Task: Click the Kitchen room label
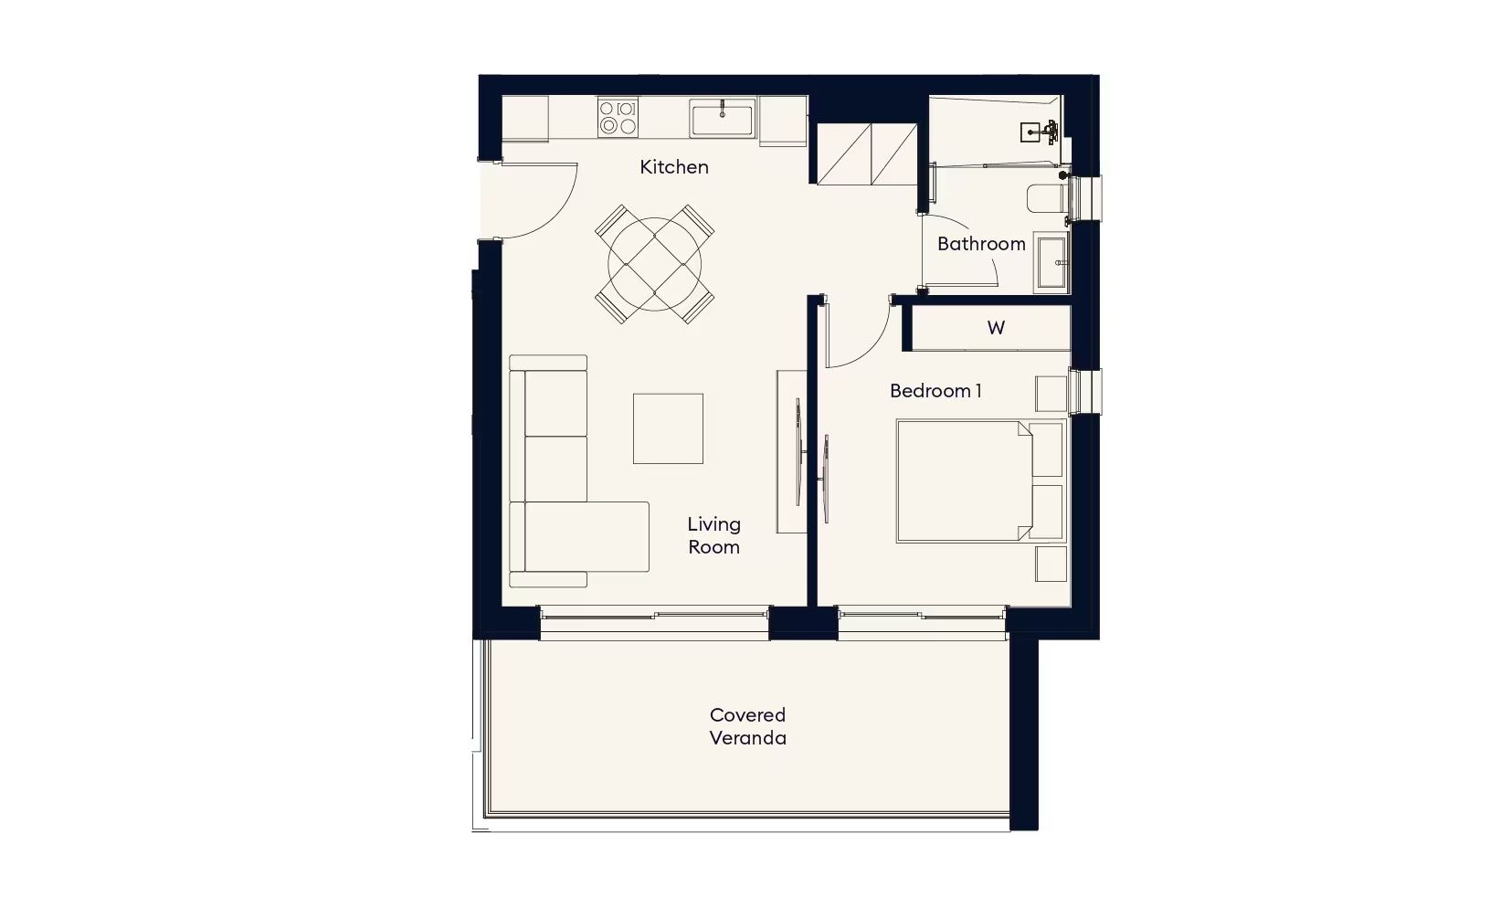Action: click(674, 166)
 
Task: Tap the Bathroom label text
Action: click(981, 244)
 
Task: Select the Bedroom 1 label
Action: click(935, 391)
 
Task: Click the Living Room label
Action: click(713, 535)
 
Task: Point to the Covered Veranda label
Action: click(747, 726)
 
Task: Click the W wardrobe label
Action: click(996, 328)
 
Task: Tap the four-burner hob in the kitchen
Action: click(618, 117)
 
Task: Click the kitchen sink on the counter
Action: click(722, 118)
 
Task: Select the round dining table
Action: click(654, 264)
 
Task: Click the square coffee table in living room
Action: click(668, 428)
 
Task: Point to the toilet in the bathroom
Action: click(1046, 198)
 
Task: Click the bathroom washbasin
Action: click(1051, 263)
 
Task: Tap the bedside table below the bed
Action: click(1051, 564)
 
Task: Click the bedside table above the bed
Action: click(1051, 394)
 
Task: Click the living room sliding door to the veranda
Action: click(654, 623)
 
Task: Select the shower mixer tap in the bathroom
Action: click(1049, 131)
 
